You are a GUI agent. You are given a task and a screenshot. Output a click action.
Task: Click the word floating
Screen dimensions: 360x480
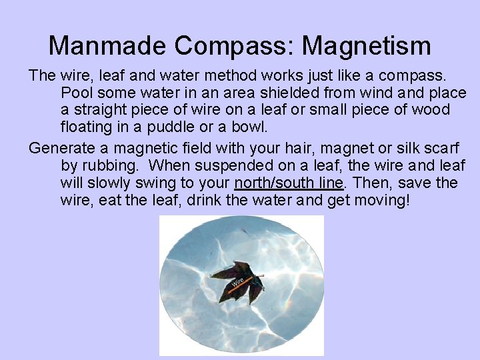(89, 127)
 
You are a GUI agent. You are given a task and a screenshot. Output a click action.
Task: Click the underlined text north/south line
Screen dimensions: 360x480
(289, 182)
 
